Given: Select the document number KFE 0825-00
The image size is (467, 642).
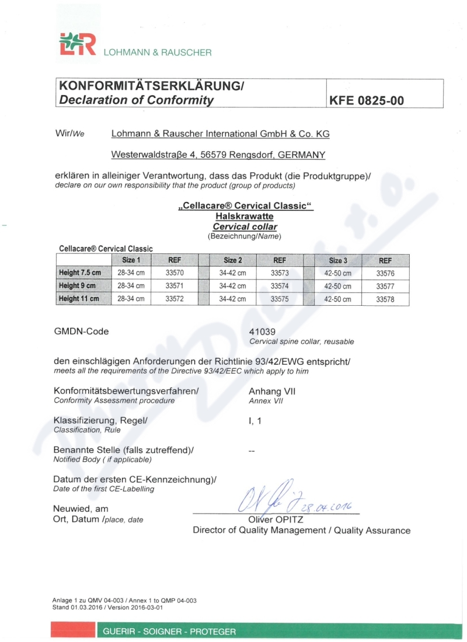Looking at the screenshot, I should click(x=367, y=100).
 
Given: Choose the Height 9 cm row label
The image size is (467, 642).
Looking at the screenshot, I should click(x=79, y=286).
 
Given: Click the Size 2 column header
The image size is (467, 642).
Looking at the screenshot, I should click(x=232, y=260).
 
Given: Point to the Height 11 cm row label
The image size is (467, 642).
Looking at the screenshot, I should click(x=79, y=299).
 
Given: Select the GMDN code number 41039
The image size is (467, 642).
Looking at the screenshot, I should click(x=262, y=332).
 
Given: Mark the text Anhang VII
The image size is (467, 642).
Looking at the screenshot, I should click(x=271, y=391).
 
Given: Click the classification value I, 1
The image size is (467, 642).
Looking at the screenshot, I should click(x=255, y=420).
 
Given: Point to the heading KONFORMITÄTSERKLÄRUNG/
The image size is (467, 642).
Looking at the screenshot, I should click(x=151, y=86).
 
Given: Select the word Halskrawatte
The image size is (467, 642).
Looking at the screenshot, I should click(x=245, y=217).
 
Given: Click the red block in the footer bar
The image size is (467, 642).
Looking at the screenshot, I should click(x=73, y=631).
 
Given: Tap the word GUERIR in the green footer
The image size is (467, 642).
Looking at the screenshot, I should click(x=120, y=631).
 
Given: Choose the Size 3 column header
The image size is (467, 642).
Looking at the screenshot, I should click(x=338, y=260).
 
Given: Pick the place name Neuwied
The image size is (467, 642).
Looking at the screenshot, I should click(x=72, y=509).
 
